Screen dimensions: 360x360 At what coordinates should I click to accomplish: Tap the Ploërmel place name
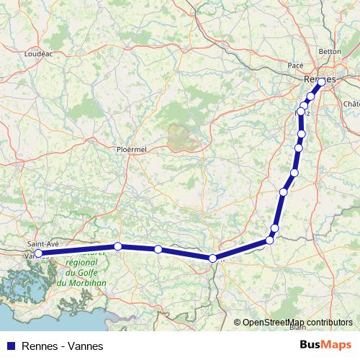click(x=131, y=150)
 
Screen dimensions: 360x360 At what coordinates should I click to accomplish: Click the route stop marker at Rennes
click(x=321, y=81)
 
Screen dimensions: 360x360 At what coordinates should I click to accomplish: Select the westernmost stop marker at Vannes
click(x=38, y=253)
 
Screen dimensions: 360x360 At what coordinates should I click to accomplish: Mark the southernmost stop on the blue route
click(x=212, y=258)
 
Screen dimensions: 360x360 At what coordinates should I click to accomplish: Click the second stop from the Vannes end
click(x=117, y=246)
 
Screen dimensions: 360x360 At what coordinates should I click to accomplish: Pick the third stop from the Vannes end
click(x=158, y=249)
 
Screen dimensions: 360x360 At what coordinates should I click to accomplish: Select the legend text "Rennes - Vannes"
click(x=63, y=346)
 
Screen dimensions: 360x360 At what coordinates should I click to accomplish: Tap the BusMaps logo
click(x=327, y=346)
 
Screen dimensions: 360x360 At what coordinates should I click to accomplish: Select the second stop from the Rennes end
click(x=311, y=96)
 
